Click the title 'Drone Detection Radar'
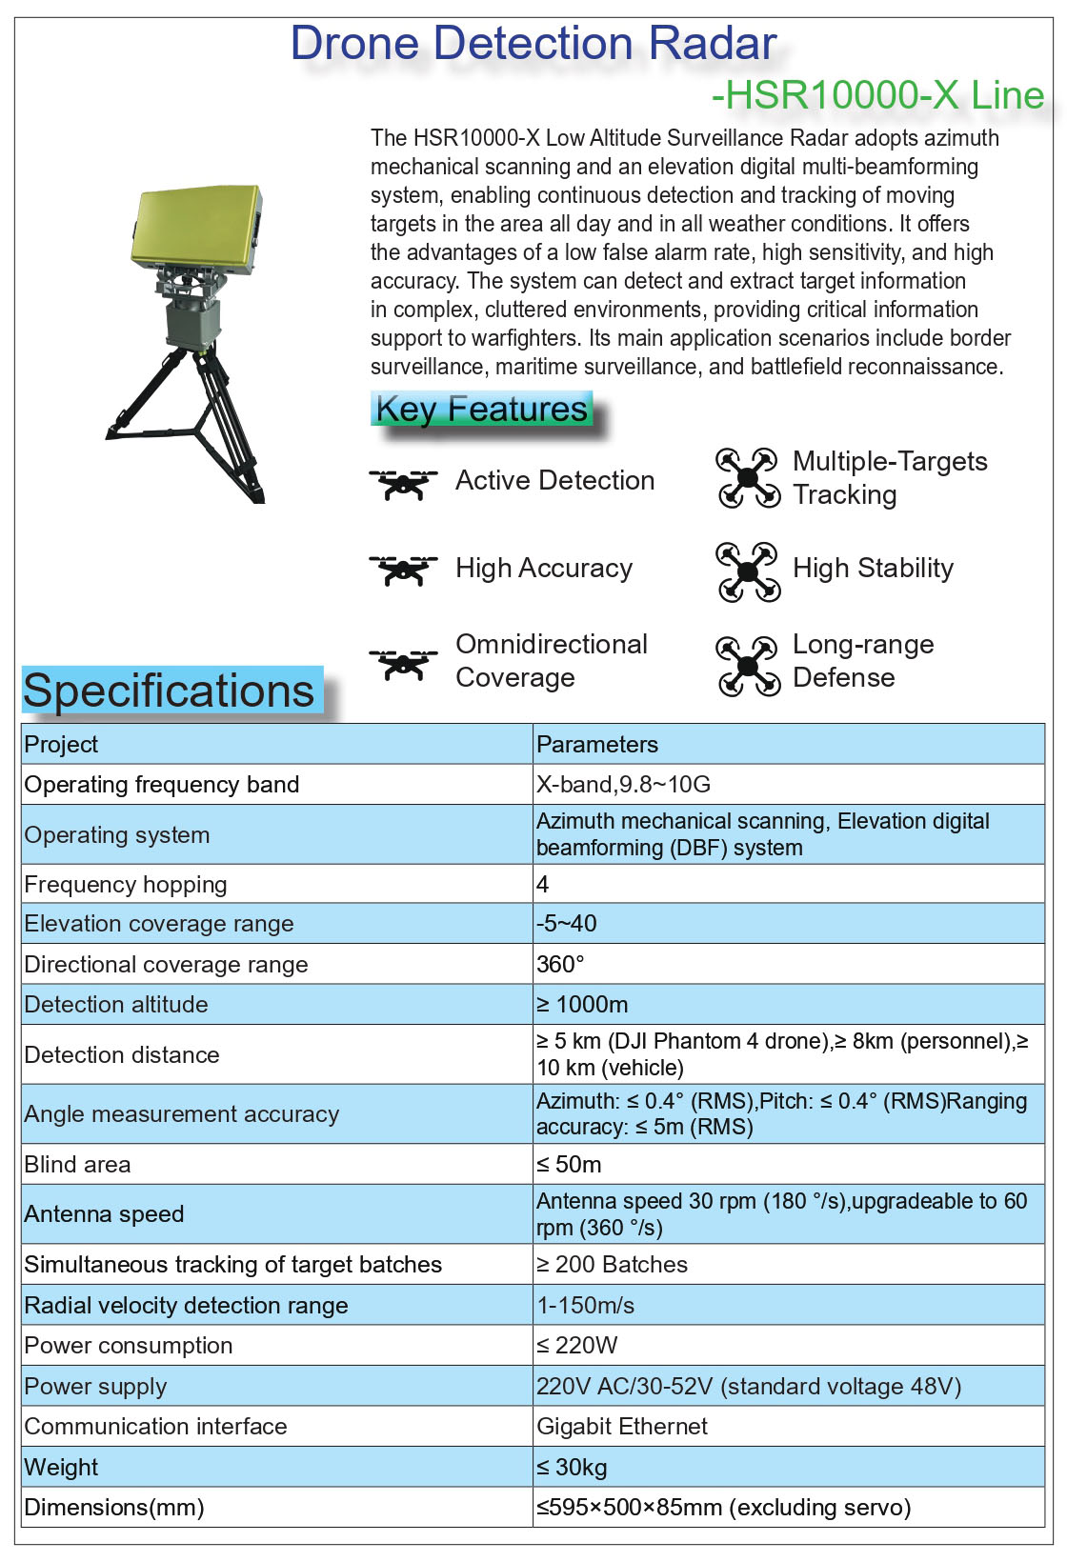pos(533,44)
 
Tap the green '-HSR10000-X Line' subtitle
pos(877,95)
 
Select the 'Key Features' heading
pos(481,410)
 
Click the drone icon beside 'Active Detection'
pos(403,482)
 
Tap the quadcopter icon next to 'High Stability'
pos(748,571)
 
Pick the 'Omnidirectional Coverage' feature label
pos(552,660)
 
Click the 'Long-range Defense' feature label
pos(862,660)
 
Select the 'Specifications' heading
pos(169,691)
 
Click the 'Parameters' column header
pos(597,744)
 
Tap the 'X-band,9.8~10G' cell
pos(623,784)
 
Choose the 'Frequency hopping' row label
pos(126,884)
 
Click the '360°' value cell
pos(560,964)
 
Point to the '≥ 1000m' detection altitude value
pos(582,1004)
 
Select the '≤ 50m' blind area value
pos(569,1164)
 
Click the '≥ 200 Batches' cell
pos(612,1264)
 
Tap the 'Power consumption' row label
pos(129,1345)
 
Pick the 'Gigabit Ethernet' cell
pos(622,1426)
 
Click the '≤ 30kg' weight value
pos(572,1467)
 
